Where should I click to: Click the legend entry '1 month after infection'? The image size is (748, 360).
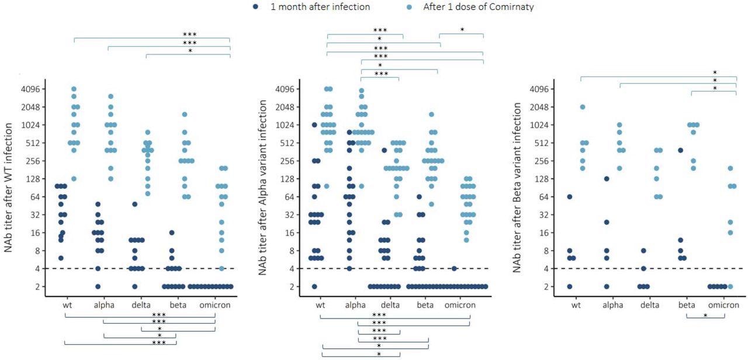[x=318, y=7]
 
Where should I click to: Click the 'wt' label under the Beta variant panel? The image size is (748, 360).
[x=576, y=305]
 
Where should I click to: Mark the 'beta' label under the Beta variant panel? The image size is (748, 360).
[x=687, y=305]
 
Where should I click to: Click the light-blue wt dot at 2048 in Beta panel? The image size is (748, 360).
[x=583, y=107]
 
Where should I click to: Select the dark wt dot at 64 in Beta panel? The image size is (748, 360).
[x=570, y=197]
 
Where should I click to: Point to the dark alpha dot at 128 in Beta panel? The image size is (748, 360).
[x=607, y=179]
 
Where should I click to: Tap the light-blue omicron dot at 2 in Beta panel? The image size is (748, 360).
[x=730, y=286]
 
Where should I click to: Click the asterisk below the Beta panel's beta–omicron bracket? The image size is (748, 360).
[x=705, y=316]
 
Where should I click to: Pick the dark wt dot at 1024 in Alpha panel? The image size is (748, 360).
[x=314, y=124]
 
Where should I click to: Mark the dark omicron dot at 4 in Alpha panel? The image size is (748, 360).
[x=454, y=268]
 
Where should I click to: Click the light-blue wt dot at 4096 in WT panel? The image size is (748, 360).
[x=74, y=89]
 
